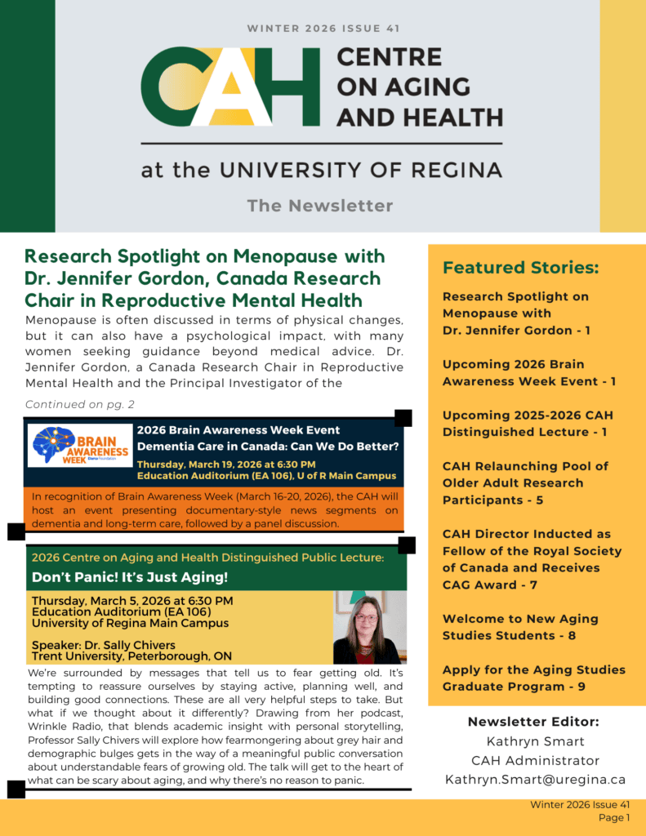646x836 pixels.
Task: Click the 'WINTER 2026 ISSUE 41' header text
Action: click(x=323, y=29)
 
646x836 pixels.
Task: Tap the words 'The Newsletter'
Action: click(x=320, y=206)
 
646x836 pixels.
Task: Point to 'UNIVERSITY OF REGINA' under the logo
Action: click(x=368, y=171)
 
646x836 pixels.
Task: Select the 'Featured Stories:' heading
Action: click(x=521, y=268)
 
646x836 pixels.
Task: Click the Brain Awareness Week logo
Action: click(x=80, y=446)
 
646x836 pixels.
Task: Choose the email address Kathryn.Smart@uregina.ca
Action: click(x=535, y=780)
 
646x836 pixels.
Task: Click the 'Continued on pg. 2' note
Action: click(x=80, y=404)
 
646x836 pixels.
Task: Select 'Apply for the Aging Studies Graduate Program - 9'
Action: click(x=533, y=678)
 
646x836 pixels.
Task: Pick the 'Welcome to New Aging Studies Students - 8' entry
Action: click(x=520, y=627)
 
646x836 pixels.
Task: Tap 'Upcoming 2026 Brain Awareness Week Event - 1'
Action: click(x=529, y=372)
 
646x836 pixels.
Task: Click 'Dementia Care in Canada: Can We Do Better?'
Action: click(x=267, y=446)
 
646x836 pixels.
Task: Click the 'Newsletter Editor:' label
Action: click(x=534, y=722)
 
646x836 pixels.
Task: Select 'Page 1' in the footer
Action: click(x=614, y=817)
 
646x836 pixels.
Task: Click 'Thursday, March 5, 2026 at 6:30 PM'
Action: click(x=132, y=601)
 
